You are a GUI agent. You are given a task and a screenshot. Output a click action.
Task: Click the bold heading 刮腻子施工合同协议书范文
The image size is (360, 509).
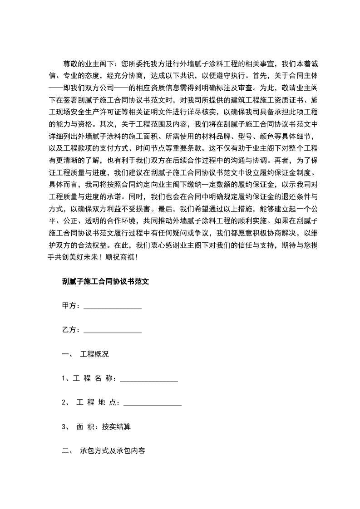(105, 281)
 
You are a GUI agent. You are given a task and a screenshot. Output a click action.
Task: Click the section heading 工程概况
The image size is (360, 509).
(94, 354)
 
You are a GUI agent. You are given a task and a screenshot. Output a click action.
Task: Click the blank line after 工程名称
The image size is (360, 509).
(148, 379)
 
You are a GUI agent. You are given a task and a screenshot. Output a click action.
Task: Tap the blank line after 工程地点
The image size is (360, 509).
(153, 403)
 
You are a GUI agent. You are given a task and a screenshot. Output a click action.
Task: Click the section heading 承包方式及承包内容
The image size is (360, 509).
(113, 451)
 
